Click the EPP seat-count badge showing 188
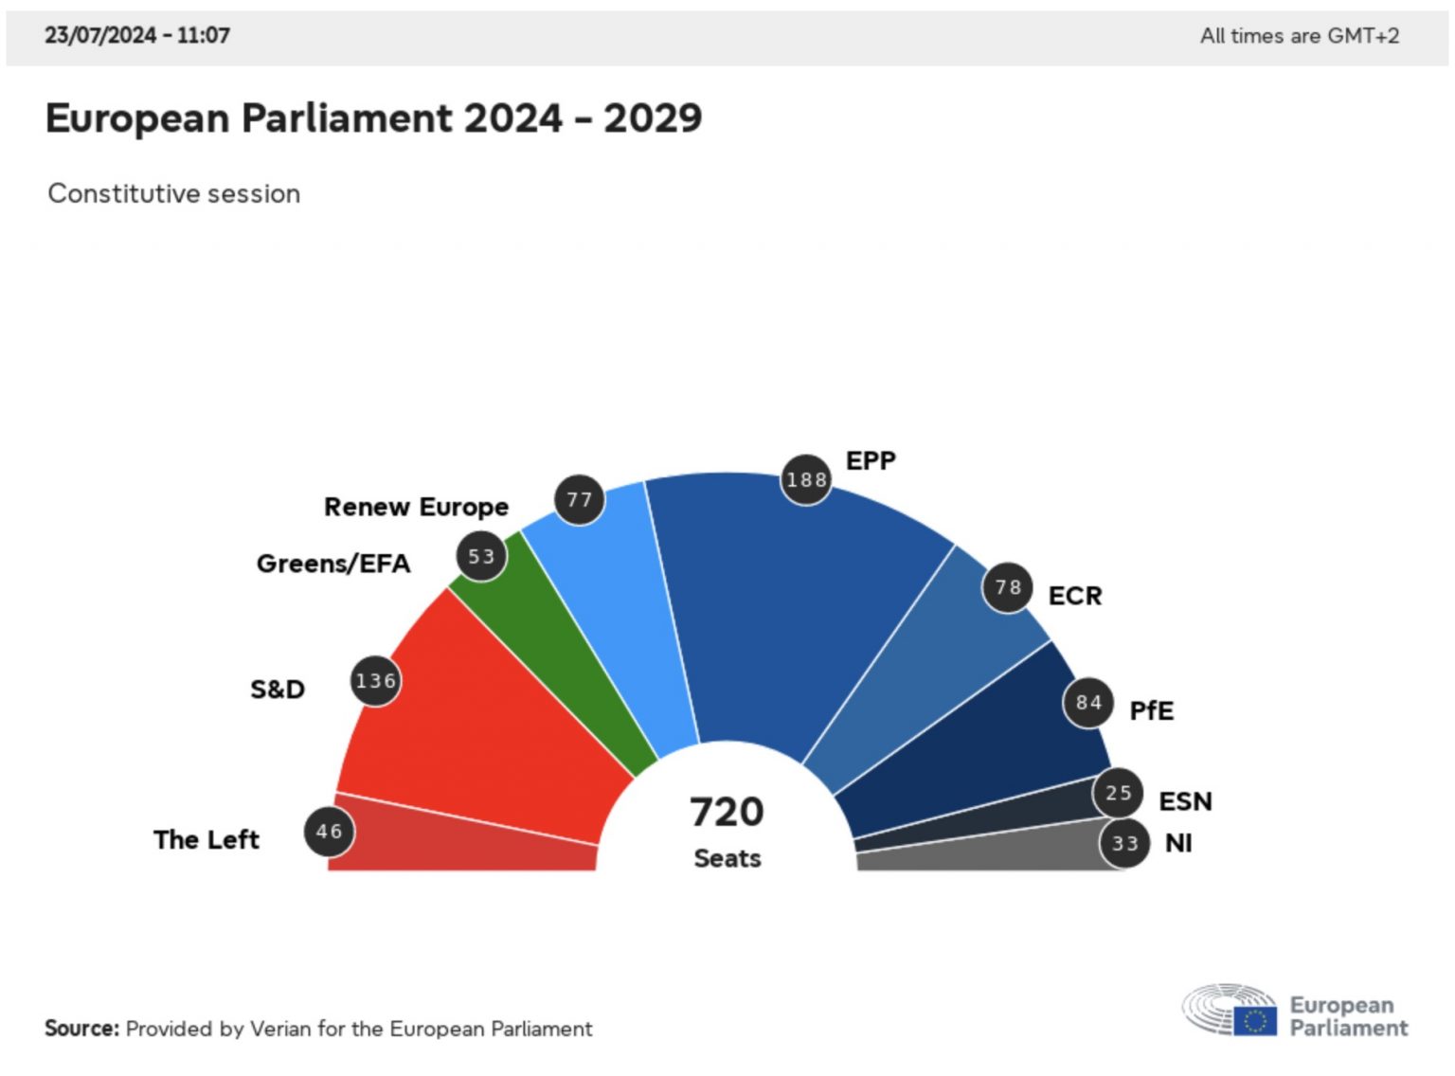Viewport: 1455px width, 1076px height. tap(806, 480)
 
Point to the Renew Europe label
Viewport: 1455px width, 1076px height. tap(416, 508)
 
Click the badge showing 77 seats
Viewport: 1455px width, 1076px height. tap(579, 500)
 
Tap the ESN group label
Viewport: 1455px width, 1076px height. tap(1185, 802)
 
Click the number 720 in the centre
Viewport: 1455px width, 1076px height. tap(727, 813)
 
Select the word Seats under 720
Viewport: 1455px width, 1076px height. tap(727, 859)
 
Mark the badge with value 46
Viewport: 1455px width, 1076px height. tap(329, 832)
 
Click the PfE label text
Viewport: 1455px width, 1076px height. tap(1151, 711)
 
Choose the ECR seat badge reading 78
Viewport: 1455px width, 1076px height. tap(1007, 588)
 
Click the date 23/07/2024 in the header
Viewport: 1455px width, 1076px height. tap(100, 36)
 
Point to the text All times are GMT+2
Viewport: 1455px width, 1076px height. tap(1299, 36)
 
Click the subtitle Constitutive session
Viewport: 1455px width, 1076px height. tap(174, 194)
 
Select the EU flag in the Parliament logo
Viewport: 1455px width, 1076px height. tap(1255, 1021)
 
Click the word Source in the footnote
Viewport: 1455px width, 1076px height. tap(81, 1029)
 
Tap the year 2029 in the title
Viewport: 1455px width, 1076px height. tap(653, 119)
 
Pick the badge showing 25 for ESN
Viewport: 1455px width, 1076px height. tap(1118, 794)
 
